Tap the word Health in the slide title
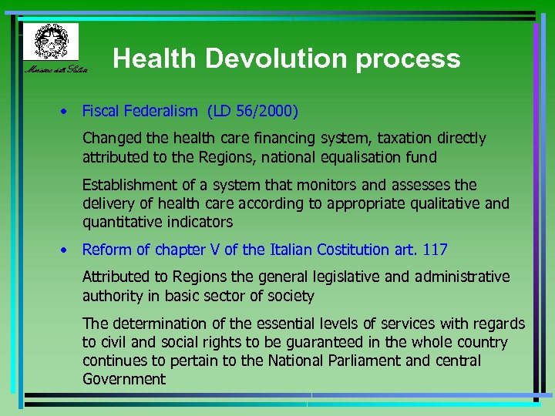(149, 59)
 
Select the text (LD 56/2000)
(252, 111)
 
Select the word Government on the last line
(124, 379)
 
